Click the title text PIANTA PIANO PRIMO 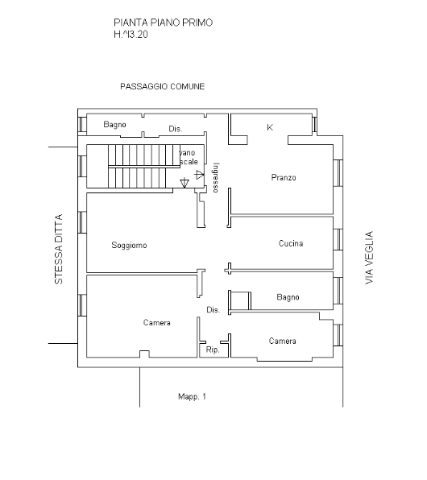click(163, 23)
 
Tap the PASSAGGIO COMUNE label click(163, 87)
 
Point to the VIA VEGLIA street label click(370, 258)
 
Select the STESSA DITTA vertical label click(59, 249)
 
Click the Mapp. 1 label click(192, 397)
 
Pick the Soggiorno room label click(129, 245)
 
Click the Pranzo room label click(284, 177)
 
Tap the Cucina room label click(291, 243)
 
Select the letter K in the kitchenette click(270, 127)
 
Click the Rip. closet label click(213, 350)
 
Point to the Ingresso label click(216, 177)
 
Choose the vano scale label click(189, 157)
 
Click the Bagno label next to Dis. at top click(115, 125)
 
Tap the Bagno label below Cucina click(288, 297)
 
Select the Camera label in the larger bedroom click(157, 323)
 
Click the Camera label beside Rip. click(283, 341)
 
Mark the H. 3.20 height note click(131, 35)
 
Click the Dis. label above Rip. click(213, 310)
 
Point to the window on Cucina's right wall click(338, 239)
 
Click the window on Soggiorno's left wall click(82, 222)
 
